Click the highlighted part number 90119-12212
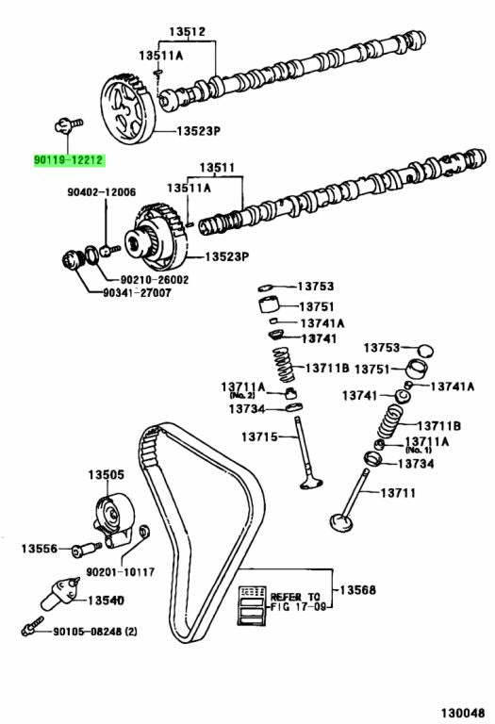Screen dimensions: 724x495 click(x=65, y=161)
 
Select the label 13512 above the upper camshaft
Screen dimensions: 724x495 click(x=187, y=31)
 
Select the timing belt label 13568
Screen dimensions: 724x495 click(x=358, y=589)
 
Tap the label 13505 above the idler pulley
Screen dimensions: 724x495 click(x=107, y=474)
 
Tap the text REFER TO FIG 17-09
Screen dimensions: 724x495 click(x=296, y=602)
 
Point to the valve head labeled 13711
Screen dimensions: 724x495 click(x=341, y=518)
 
